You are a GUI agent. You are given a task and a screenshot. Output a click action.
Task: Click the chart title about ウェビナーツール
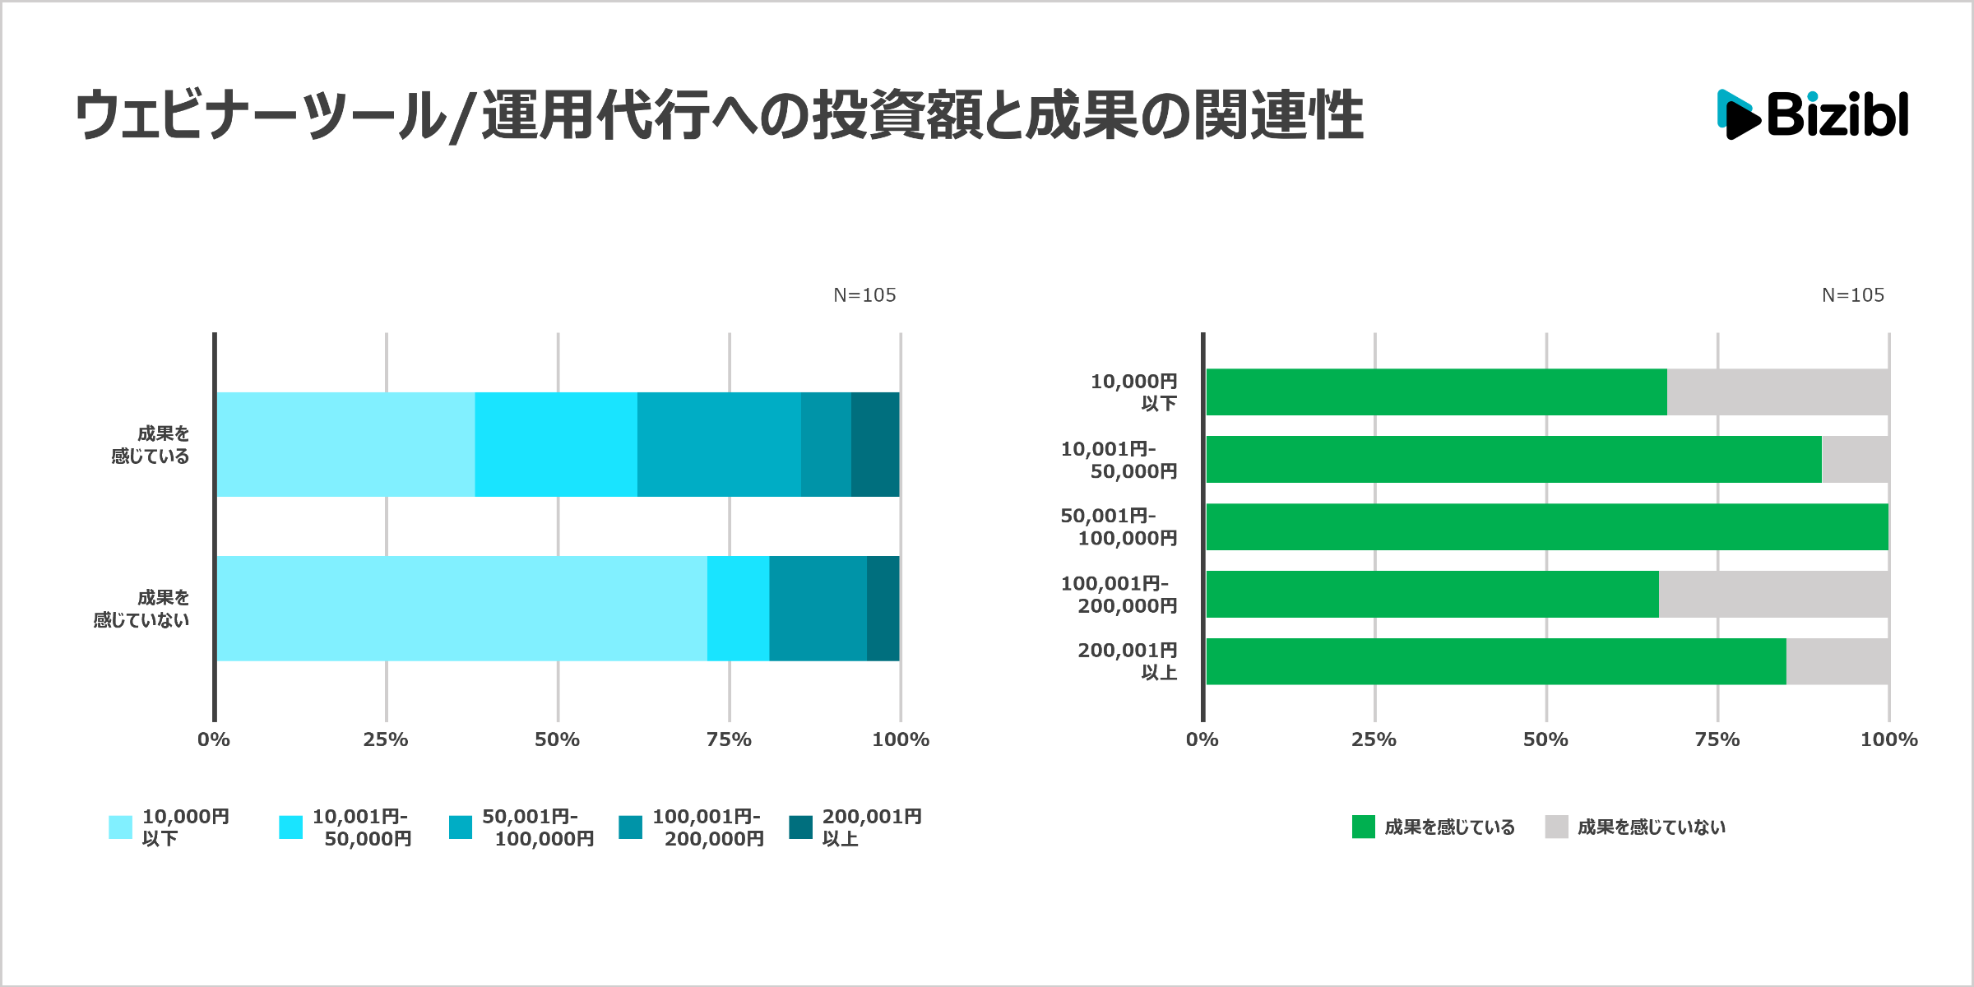tap(718, 115)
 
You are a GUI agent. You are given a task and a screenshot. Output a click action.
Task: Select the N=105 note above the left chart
tap(864, 295)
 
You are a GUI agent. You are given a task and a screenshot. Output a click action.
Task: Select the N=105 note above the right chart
tap(1852, 295)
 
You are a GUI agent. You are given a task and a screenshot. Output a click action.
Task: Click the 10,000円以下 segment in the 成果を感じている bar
tap(345, 444)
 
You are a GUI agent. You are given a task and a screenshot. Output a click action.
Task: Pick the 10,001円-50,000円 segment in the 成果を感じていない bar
tap(738, 609)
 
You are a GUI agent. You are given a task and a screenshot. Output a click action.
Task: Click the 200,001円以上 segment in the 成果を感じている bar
tap(875, 444)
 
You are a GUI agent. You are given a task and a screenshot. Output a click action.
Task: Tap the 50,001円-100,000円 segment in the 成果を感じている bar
tap(719, 444)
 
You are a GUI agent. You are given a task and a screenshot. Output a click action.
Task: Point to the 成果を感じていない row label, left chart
tap(141, 609)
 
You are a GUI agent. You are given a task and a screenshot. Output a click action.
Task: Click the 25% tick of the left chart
tap(386, 739)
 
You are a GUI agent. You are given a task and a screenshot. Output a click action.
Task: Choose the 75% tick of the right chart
tap(1717, 739)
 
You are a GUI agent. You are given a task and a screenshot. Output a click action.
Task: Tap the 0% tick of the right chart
tap(1202, 739)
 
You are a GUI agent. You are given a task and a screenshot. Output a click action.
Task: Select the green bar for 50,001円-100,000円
tap(1546, 527)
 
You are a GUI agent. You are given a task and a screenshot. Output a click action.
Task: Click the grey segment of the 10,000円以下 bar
tap(1777, 392)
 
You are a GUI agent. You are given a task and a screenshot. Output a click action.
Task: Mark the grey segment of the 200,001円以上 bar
tap(1837, 662)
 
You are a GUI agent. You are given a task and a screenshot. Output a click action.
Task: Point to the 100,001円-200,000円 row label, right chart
tap(1119, 595)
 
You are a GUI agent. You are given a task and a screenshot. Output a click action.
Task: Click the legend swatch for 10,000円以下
tap(120, 827)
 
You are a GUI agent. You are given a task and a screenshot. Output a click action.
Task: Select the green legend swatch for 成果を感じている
tap(1363, 827)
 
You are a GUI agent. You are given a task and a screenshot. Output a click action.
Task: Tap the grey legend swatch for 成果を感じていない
tap(1556, 827)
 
